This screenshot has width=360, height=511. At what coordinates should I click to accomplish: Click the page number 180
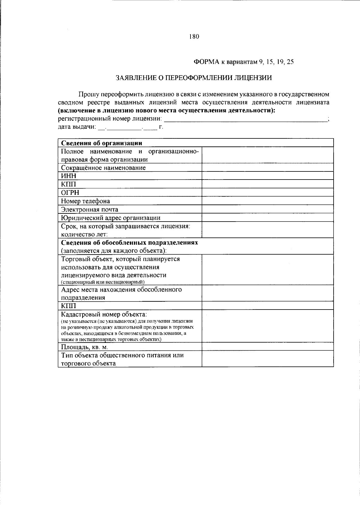click(194, 37)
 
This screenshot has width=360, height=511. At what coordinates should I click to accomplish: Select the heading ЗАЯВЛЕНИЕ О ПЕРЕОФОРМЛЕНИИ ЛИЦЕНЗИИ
click(194, 78)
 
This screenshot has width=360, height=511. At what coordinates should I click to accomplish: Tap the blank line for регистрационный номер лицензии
click(246, 119)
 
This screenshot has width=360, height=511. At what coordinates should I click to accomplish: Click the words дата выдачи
click(77, 127)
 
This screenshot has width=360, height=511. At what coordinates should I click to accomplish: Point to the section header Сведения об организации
click(101, 143)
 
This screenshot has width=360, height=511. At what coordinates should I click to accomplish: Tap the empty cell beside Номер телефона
click(267, 201)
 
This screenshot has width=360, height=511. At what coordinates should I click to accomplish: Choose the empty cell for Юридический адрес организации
click(267, 218)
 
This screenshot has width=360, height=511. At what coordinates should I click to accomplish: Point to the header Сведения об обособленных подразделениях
click(129, 242)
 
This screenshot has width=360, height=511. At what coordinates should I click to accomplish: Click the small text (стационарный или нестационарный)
click(103, 282)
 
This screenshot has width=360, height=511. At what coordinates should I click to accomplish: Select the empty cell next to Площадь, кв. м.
click(267, 347)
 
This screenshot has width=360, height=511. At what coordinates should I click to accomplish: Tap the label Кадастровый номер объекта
click(104, 315)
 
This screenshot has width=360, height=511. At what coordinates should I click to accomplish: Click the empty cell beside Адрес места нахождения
click(267, 293)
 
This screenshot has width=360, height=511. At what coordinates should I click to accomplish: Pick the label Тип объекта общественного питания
click(122, 355)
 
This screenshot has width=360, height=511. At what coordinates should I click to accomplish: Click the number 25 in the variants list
click(290, 62)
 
